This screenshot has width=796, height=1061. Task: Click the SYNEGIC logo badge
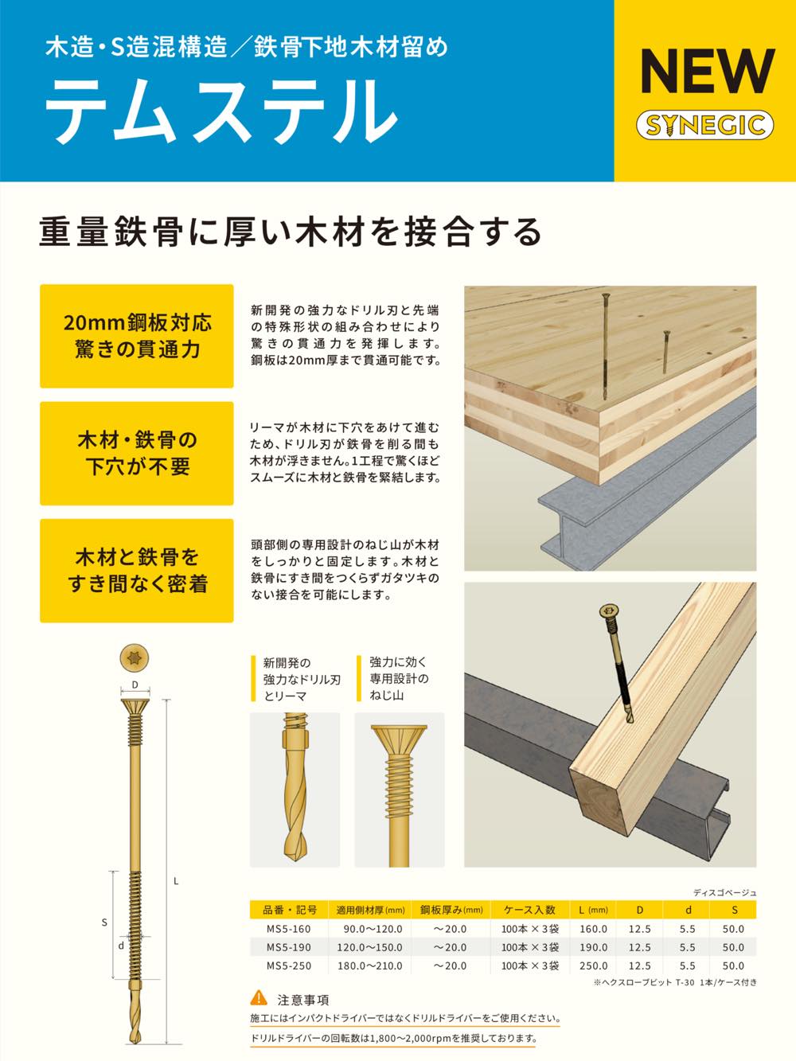(x=705, y=125)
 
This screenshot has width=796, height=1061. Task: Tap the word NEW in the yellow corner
(x=708, y=72)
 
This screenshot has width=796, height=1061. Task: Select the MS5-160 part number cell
(x=288, y=929)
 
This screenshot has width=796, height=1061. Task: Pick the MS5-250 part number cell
(x=288, y=965)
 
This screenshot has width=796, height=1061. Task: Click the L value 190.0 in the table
(x=594, y=947)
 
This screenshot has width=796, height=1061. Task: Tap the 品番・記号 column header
(x=289, y=910)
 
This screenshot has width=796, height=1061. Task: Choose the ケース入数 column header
(x=529, y=910)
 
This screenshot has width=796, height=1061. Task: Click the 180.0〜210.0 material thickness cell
(x=369, y=965)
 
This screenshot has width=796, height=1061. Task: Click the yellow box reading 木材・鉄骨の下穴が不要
(x=137, y=454)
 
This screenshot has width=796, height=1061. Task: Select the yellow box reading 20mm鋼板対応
(x=137, y=336)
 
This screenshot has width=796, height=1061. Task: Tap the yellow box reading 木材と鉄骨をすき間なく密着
(x=137, y=571)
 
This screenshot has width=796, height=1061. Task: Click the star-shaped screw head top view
(x=135, y=658)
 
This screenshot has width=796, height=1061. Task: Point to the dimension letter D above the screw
(x=135, y=685)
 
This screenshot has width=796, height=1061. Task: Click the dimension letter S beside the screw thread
(x=104, y=923)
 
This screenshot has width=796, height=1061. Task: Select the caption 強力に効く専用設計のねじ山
(x=399, y=678)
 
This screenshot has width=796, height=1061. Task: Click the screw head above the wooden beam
(x=607, y=611)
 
